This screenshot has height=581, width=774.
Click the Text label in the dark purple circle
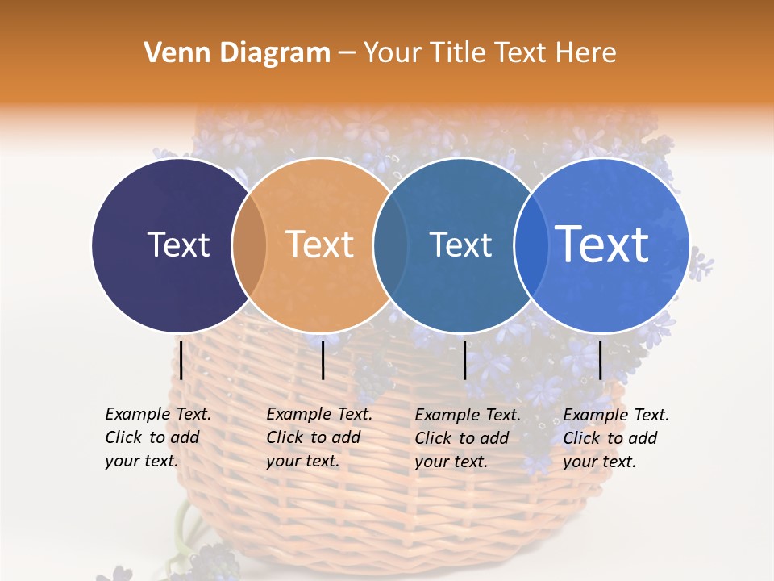coord(178,245)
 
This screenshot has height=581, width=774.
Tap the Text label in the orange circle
coord(319,245)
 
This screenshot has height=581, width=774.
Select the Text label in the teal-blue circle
coord(460,245)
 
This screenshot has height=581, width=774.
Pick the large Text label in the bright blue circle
coord(602,244)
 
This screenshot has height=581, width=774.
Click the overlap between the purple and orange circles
coord(249,245)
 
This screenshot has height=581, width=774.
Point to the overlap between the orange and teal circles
coord(390,245)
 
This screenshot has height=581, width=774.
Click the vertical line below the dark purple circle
coord(181,360)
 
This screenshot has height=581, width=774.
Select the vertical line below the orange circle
coord(322,360)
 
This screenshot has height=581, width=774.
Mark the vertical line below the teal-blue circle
coord(465,360)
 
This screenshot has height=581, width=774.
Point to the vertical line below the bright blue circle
coord(601,360)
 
